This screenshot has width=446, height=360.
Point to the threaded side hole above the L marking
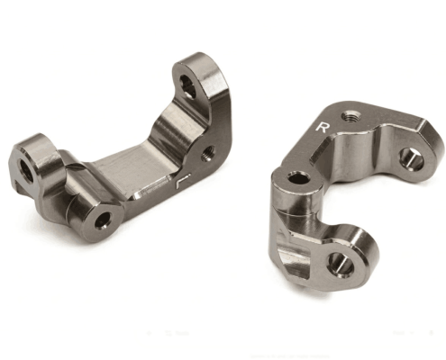[x=210, y=152]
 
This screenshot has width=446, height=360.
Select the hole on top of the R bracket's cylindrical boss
[x=296, y=177]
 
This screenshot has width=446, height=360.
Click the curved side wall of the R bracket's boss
[x=282, y=207]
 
